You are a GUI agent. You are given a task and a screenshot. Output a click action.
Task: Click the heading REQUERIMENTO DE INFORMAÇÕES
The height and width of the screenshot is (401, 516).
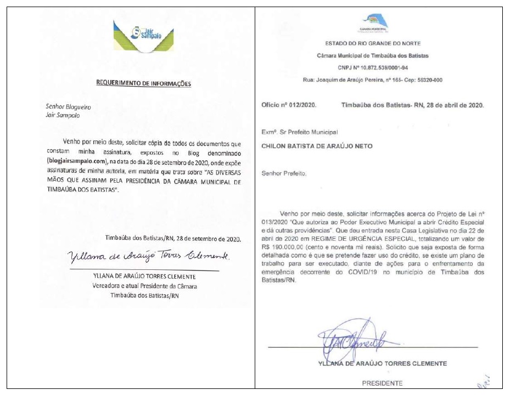pyautogui.click(x=143, y=83)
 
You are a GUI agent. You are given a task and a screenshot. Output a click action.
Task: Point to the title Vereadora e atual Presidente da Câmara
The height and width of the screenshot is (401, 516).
pyautogui.click(x=145, y=286)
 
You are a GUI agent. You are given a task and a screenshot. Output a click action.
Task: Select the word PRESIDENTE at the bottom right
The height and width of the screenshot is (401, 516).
pyautogui.click(x=382, y=383)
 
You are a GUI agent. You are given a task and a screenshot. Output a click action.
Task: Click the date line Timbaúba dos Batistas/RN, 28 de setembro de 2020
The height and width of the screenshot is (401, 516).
pyautogui.click(x=173, y=239)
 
